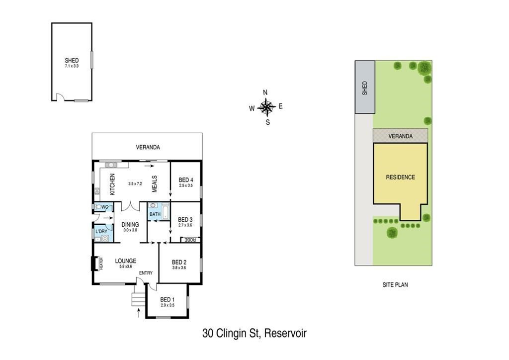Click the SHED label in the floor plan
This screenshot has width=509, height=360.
tap(72, 60)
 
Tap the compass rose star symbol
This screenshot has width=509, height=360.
tap(266, 107)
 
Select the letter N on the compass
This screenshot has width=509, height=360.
tap(265, 92)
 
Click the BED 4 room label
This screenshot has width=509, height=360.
tap(186, 180)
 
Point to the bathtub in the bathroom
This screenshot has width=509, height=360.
tap(166, 212)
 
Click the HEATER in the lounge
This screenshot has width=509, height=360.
tap(96, 263)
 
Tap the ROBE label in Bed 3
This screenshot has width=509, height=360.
tap(190, 240)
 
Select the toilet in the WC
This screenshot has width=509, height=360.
tap(98, 207)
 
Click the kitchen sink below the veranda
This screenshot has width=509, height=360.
tap(111, 165)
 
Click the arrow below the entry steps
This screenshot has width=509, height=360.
tap(139, 313)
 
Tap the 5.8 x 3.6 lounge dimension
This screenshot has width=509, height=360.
tap(126, 267)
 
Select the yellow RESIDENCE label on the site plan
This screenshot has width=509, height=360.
tap(400, 177)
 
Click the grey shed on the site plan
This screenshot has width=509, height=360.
tap(365, 87)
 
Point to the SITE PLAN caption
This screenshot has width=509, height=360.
tap(395, 285)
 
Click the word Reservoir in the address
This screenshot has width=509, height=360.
tap(285, 333)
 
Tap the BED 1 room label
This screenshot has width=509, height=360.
tap(168, 300)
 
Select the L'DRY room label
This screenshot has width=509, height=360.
tap(101, 231)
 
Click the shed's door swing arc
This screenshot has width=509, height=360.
tap(60, 96)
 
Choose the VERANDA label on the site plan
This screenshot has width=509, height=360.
tap(400, 136)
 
